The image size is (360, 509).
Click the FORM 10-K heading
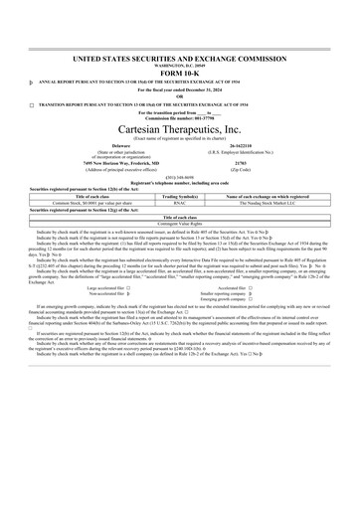coord(180,72)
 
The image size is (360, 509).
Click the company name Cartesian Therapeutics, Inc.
coord(180,128)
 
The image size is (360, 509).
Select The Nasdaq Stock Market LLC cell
coord(268,203)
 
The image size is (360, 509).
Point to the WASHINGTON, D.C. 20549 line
coord(180,65)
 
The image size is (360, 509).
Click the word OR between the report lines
coord(180,95)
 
